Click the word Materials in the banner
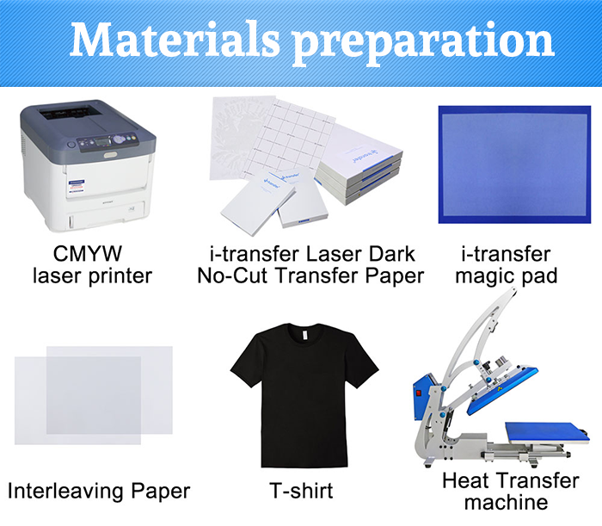point(175,39)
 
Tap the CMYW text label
point(88,254)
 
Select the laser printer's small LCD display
point(103,140)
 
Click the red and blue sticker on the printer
point(77,186)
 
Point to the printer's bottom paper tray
point(106,215)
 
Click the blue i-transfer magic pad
point(514,164)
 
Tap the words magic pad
point(506,276)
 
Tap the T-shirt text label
point(301,491)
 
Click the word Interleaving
point(67,491)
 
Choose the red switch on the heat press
point(419,393)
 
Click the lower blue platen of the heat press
point(547,433)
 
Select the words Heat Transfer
point(510,480)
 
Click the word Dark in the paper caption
point(391,254)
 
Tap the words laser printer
point(93,275)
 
